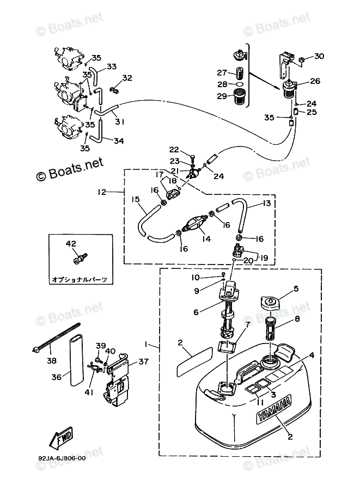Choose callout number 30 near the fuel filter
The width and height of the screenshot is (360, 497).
pyautogui.click(x=319, y=56)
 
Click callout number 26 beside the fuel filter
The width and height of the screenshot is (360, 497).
pyautogui.click(x=315, y=82)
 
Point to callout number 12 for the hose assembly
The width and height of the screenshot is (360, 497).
pyautogui.click(x=102, y=192)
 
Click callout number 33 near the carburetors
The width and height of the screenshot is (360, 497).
pyautogui.click(x=111, y=66)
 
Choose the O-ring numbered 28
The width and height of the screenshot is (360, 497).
pyautogui.click(x=239, y=85)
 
